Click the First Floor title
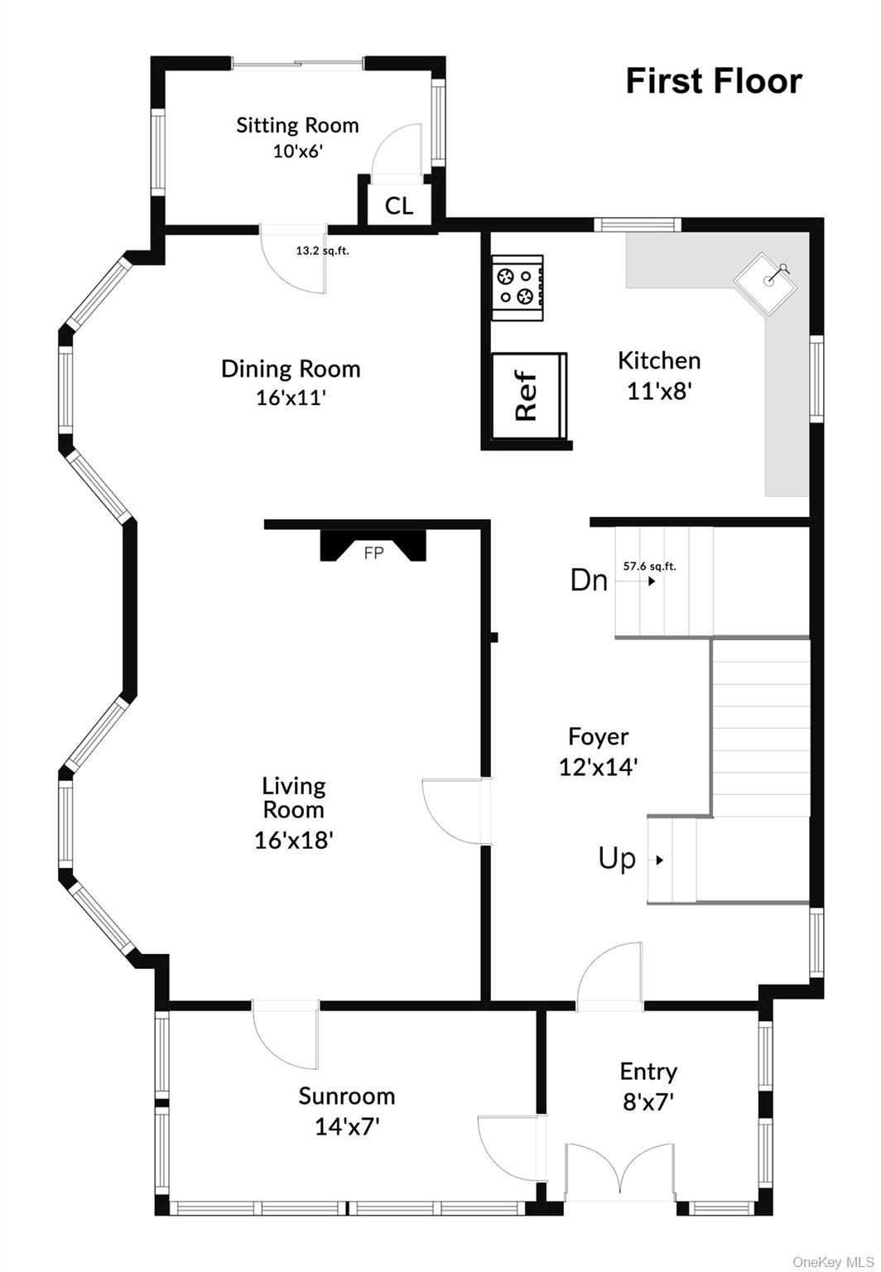point(713,81)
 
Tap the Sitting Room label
point(297,125)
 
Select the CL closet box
point(398,205)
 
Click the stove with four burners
point(518,287)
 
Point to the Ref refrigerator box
point(527,397)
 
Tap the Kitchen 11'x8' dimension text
point(659,390)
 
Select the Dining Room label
point(291,369)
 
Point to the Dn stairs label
point(589,580)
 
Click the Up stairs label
point(617,859)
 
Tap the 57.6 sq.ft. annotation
point(649,566)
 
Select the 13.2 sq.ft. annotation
point(322,250)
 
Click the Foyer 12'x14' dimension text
point(598,767)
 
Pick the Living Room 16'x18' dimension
point(293,840)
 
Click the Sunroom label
point(346,1096)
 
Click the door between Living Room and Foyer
point(454,812)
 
